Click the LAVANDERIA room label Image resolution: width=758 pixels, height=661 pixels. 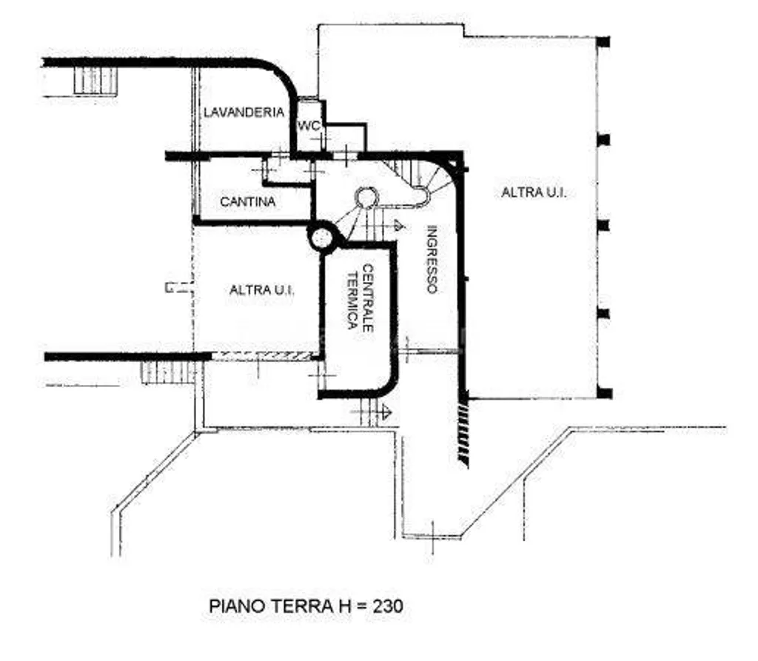244,113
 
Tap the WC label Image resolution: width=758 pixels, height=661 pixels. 309,126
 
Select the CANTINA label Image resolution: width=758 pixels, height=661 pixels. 247,201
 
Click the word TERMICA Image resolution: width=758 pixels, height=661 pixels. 353,301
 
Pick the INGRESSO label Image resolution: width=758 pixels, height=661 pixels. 432,260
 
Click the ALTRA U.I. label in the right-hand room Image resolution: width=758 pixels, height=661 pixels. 534,192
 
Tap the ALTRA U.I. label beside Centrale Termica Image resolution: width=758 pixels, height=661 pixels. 261,290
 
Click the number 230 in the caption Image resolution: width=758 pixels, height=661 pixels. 388,606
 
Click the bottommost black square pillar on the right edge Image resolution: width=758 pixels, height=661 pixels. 604,393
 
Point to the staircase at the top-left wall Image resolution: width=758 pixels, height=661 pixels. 95,80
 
